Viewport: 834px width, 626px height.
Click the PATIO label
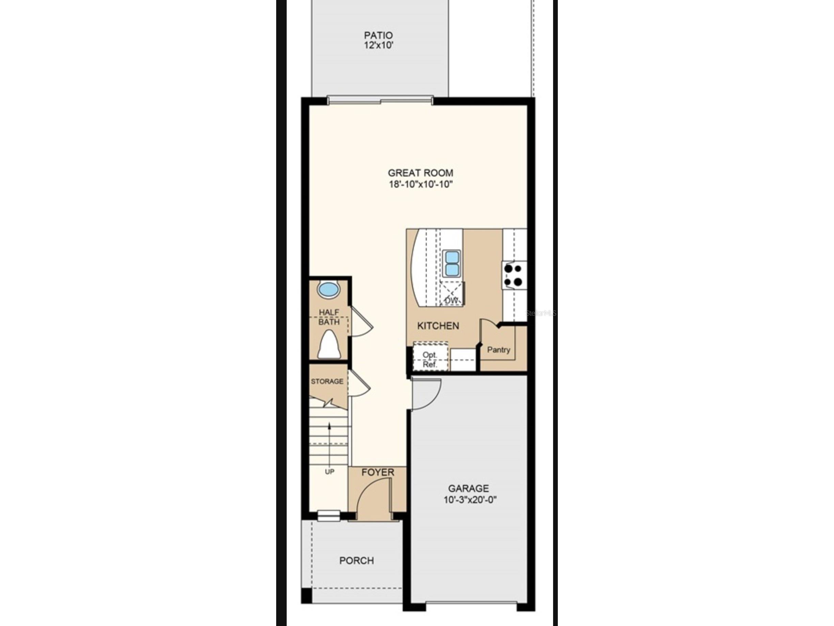click(378, 35)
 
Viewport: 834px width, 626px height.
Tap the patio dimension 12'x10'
click(378, 46)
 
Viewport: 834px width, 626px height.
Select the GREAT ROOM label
click(420, 173)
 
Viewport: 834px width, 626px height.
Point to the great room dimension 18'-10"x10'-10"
click(420, 184)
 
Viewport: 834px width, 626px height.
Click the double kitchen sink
click(452, 263)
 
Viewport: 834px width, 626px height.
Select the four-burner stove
click(513, 275)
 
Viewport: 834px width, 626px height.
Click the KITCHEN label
click(438, 326)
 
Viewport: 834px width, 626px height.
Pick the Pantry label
click(499, 350)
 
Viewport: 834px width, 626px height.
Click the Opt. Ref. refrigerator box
click(430, 360)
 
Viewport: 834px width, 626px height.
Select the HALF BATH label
click(329, 317)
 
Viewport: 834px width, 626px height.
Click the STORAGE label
click(327, 381)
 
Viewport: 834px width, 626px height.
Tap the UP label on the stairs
click(330, 472)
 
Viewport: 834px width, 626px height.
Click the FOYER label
click(378, 472)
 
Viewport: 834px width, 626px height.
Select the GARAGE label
click(468, 489)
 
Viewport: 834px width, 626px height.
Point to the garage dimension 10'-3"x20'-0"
click(470, 500)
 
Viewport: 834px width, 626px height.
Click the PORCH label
click(356, 561)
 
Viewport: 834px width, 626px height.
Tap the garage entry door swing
click(425, 394)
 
